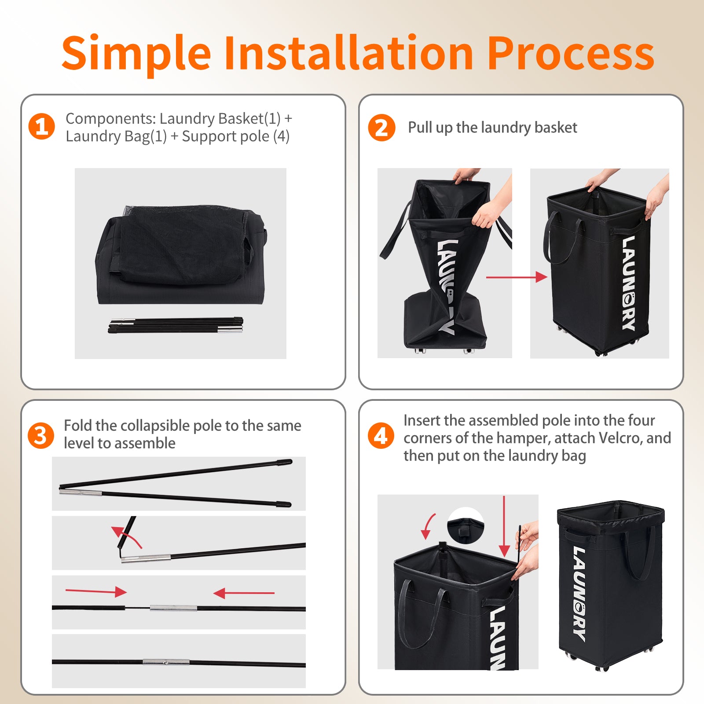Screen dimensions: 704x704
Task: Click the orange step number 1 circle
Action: [x=41, y=126]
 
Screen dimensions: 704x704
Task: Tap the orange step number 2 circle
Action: [x=381, y=128]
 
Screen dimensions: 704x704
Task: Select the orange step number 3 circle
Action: [x=40, y=436]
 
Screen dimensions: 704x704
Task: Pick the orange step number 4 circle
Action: [x=381, y=436]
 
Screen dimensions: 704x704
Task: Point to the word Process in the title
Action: [x=571, y=54]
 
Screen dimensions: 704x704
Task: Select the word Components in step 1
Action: [x=110, y=119]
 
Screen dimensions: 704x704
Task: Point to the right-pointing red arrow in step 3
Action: [x=96, y=591]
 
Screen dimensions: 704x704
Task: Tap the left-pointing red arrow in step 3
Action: [x=244, y=593]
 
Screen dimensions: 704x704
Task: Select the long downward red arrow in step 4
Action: [x=504, y=526]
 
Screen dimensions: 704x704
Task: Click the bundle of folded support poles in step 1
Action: [x=176, y=325]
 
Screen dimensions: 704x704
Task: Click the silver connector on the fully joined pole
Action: [x=166, y=661]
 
